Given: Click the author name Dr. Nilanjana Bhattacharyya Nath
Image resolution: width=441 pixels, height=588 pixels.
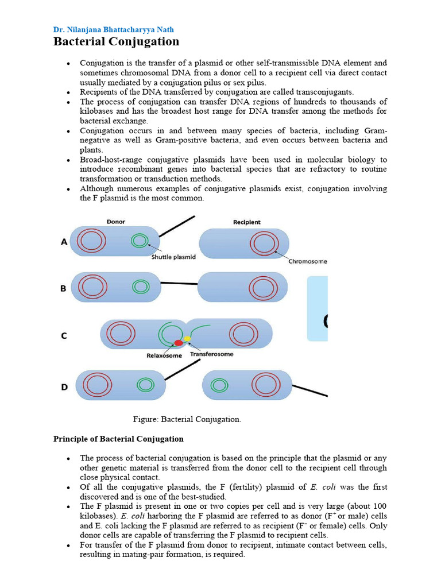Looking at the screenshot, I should pos(113,29).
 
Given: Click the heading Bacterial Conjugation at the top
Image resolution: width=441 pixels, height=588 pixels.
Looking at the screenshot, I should pos(116,42).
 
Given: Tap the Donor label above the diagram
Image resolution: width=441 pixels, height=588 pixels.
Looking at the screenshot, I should pos(116,221).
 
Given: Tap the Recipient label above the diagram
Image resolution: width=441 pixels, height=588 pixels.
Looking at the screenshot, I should pos(246,222).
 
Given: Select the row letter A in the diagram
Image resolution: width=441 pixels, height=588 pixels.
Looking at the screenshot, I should pos(65,242).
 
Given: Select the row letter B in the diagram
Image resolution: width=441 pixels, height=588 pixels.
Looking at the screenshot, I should pos(64,288).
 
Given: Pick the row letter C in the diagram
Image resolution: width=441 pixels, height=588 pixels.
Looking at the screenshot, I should pos(64,335).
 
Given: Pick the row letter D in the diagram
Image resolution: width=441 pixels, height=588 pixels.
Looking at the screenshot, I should pos(64,387).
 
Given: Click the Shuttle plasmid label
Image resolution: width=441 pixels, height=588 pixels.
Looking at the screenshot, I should pos(173,257).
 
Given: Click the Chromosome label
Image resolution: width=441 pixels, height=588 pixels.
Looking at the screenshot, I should pos(308,261).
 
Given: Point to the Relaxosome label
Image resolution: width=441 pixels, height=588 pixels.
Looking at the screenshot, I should pos(164,355).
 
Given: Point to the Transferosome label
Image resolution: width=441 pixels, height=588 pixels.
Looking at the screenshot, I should pos(212,354).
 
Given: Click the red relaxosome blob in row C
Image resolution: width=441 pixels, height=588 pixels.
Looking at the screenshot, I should pos(179,343).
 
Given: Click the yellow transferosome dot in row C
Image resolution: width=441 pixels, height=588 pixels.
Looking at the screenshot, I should pos(187,339).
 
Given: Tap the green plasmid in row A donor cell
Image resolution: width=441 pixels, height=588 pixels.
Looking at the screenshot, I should pos(139,241).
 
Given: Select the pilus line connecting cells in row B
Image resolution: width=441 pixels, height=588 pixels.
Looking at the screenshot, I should pos(179,283).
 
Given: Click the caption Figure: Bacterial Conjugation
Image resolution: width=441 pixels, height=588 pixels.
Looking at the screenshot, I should pos(187,419).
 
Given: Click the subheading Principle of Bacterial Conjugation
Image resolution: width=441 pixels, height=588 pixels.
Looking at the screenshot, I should pos(118,439).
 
